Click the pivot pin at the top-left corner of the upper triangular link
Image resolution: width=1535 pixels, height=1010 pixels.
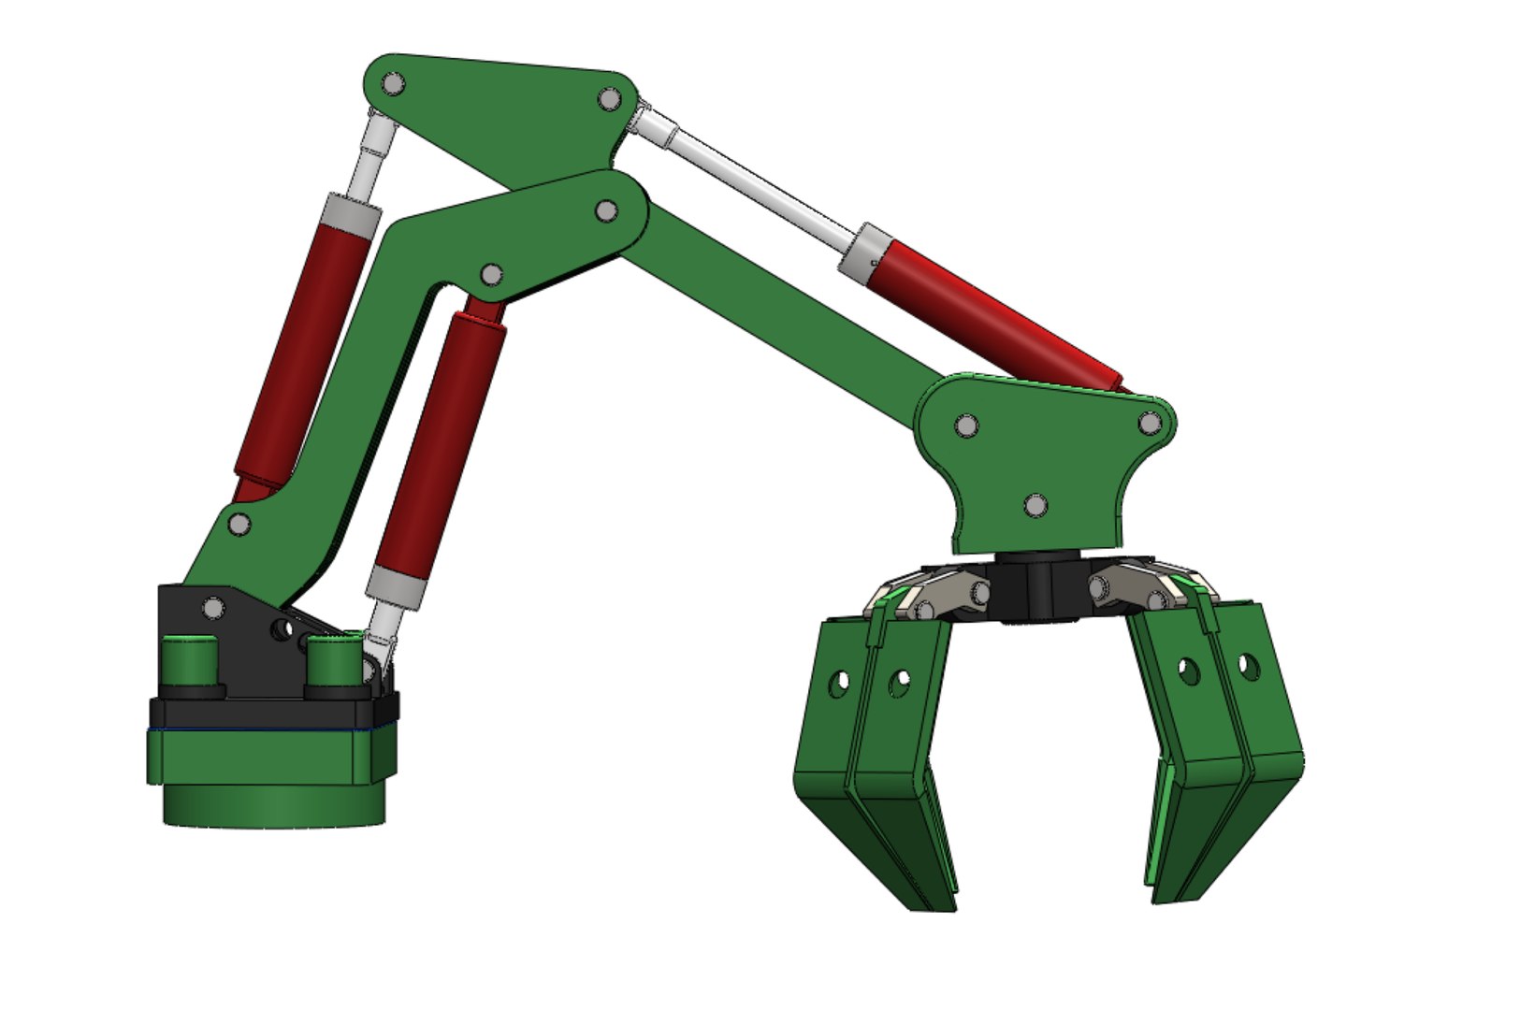point(394,84)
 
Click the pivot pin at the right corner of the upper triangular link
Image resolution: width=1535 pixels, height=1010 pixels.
point(609,98)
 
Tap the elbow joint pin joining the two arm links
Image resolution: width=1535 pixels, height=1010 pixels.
point(606,211)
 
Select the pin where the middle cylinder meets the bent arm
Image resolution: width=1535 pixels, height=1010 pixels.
point(490,275)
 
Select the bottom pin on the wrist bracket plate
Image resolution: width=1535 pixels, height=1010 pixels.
point(1035,505)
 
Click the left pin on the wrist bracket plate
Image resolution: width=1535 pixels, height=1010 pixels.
point(967,426)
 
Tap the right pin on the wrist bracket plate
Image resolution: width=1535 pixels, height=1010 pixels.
point(1150,423)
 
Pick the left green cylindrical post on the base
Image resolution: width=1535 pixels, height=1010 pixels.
point(191,661)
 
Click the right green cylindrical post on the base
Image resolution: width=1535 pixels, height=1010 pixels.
point(334,660)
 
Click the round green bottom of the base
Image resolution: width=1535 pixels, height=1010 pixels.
point(273,805)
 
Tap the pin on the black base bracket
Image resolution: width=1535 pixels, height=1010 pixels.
point(213,609)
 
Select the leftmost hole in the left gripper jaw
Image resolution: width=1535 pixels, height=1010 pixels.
point(839,683)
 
